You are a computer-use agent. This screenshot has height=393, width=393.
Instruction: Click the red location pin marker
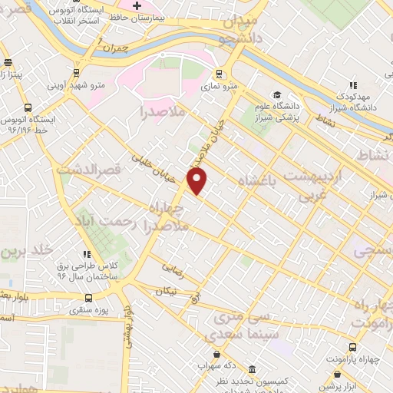197,181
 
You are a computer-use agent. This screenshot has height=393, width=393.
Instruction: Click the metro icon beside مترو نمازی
220,74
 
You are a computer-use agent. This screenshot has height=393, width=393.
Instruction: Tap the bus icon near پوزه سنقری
89,298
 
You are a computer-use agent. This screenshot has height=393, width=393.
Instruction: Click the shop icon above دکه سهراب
217,355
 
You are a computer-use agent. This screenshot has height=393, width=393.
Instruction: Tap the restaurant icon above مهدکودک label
353,85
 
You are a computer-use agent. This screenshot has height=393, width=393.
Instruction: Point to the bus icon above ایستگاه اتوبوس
28,108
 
